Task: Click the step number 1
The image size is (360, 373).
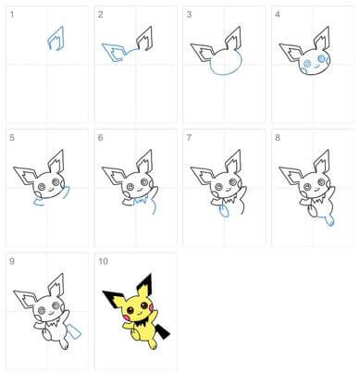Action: click(12, 15)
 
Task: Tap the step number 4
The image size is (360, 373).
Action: click(278, 15)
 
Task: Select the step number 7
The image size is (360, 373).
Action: click(189, 137)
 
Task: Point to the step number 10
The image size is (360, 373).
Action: click(103, 261)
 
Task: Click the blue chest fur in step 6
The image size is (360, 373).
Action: click(142, 200)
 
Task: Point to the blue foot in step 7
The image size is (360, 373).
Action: click(224, 211)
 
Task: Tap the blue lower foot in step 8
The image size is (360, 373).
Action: click(329, 220)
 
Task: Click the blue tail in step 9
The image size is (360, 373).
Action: click(75, 330)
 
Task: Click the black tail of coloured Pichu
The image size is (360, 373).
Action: click(163, 331)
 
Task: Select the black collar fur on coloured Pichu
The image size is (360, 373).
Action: click(141, 324)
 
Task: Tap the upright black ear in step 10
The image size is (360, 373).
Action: click(145, 282)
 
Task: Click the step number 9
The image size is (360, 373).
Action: click(12, 261)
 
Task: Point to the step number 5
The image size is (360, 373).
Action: click(12, 137)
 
